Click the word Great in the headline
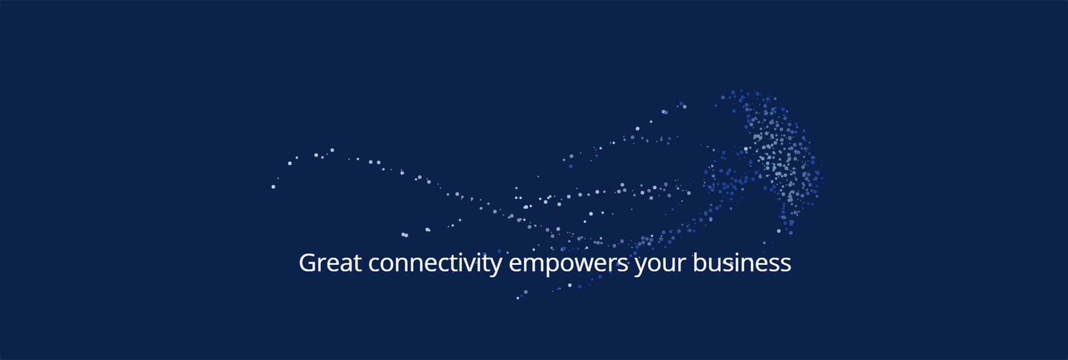pyautogui.click(x=330, y=263)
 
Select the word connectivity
pyautogui.click(x=435, y=264)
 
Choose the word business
pyautogui.click(x=741, y=263)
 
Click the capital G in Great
pyautogui.click(x=308, y=263)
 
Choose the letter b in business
pyautogui.click(x=700, y=263)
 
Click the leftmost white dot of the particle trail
pyautogui.click(x=273, y=186)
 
